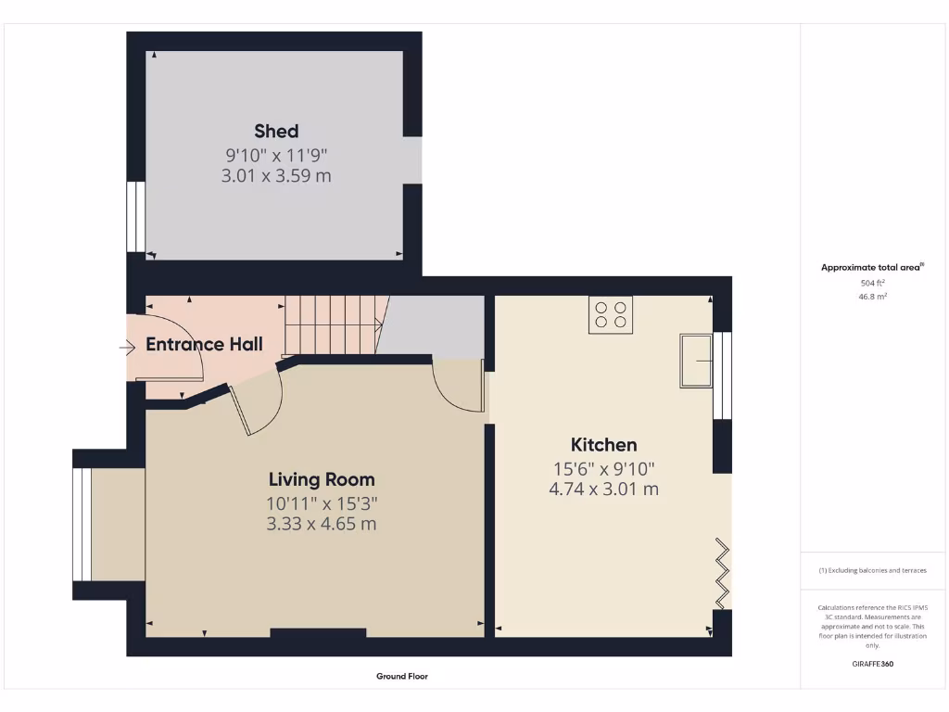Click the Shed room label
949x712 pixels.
tap(276, 131)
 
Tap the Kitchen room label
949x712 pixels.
tap(603, 444)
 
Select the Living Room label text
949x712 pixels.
tap(322, 479)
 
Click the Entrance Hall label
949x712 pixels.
tap(204, 344)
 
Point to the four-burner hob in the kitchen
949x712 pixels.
tap(610, 315)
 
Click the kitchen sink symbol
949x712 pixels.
tap(695, 360)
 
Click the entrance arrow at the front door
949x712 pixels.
tap(127, 348)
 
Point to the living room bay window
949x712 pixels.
tap(82, 524)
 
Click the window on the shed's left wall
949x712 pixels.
tap(135, 217)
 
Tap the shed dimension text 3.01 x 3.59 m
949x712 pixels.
tap(276, 175)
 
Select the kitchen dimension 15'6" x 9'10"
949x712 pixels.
tap(603, 469)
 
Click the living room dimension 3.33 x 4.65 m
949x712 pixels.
tap(322, 524)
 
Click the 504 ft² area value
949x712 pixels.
tap(873, 283)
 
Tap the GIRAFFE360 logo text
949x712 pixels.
tap(873, 664)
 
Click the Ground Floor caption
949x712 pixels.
tap(402, 677)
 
